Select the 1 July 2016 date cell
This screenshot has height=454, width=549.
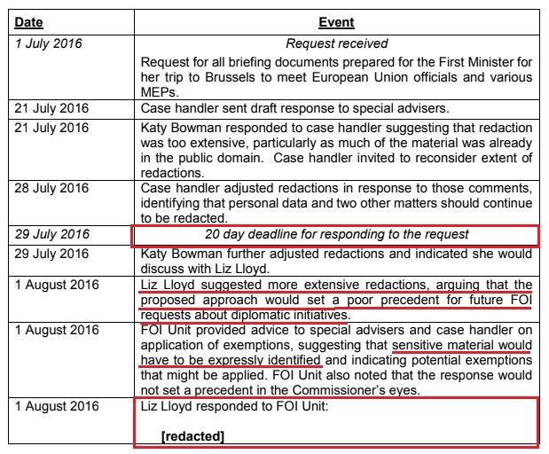click(x=49, y=43)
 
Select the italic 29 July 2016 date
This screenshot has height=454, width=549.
click(x=52, y=234)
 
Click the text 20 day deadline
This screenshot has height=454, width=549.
click(x=266, y=234)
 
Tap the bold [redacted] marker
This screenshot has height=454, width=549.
click(x=192, y=435)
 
